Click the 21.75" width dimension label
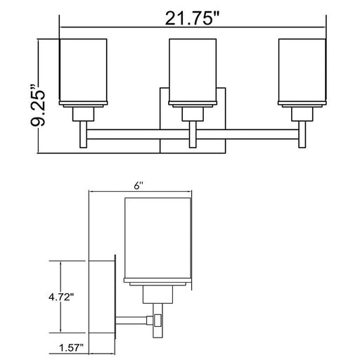[192, 18]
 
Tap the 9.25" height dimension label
[37, 105]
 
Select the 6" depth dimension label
[139, 186]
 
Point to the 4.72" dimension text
[61, 297]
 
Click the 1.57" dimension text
[71, 347]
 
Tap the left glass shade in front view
[83, 70]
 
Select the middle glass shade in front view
[193, 70]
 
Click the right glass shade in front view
[302, 70]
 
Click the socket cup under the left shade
[83, 114]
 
